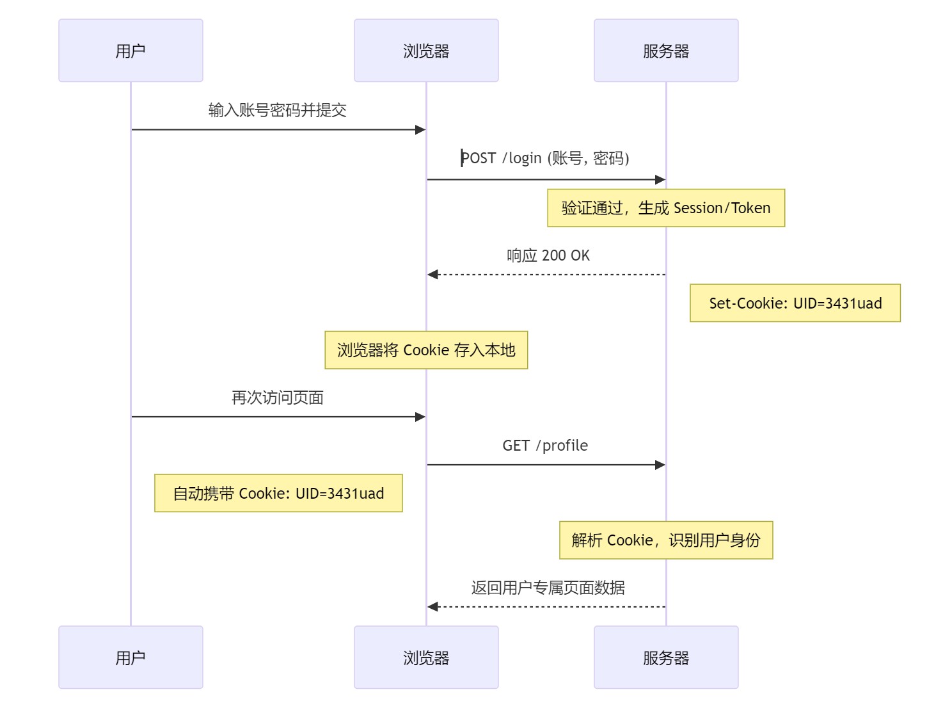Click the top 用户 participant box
[131, 51]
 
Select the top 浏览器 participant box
[426, 51]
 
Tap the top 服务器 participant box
[666, 51]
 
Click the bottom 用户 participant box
[131, 657]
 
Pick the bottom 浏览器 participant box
[426, 657]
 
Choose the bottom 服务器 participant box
[666, 657]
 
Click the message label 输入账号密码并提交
[278, 110]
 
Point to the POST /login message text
[546, 158]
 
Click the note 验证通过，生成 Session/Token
[666, 208]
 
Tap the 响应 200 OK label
[548, 255]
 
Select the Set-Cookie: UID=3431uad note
[795, 303]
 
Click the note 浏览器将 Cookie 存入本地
[426, 350]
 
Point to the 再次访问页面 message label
[278, 398]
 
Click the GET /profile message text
[545, 446]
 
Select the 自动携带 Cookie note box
[278, 493]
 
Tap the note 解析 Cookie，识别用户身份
[666, 540]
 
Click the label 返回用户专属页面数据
[548, 588]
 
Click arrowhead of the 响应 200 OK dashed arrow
[432, 275]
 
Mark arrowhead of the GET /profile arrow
[660, 465]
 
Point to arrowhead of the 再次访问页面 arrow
[420, 417]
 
